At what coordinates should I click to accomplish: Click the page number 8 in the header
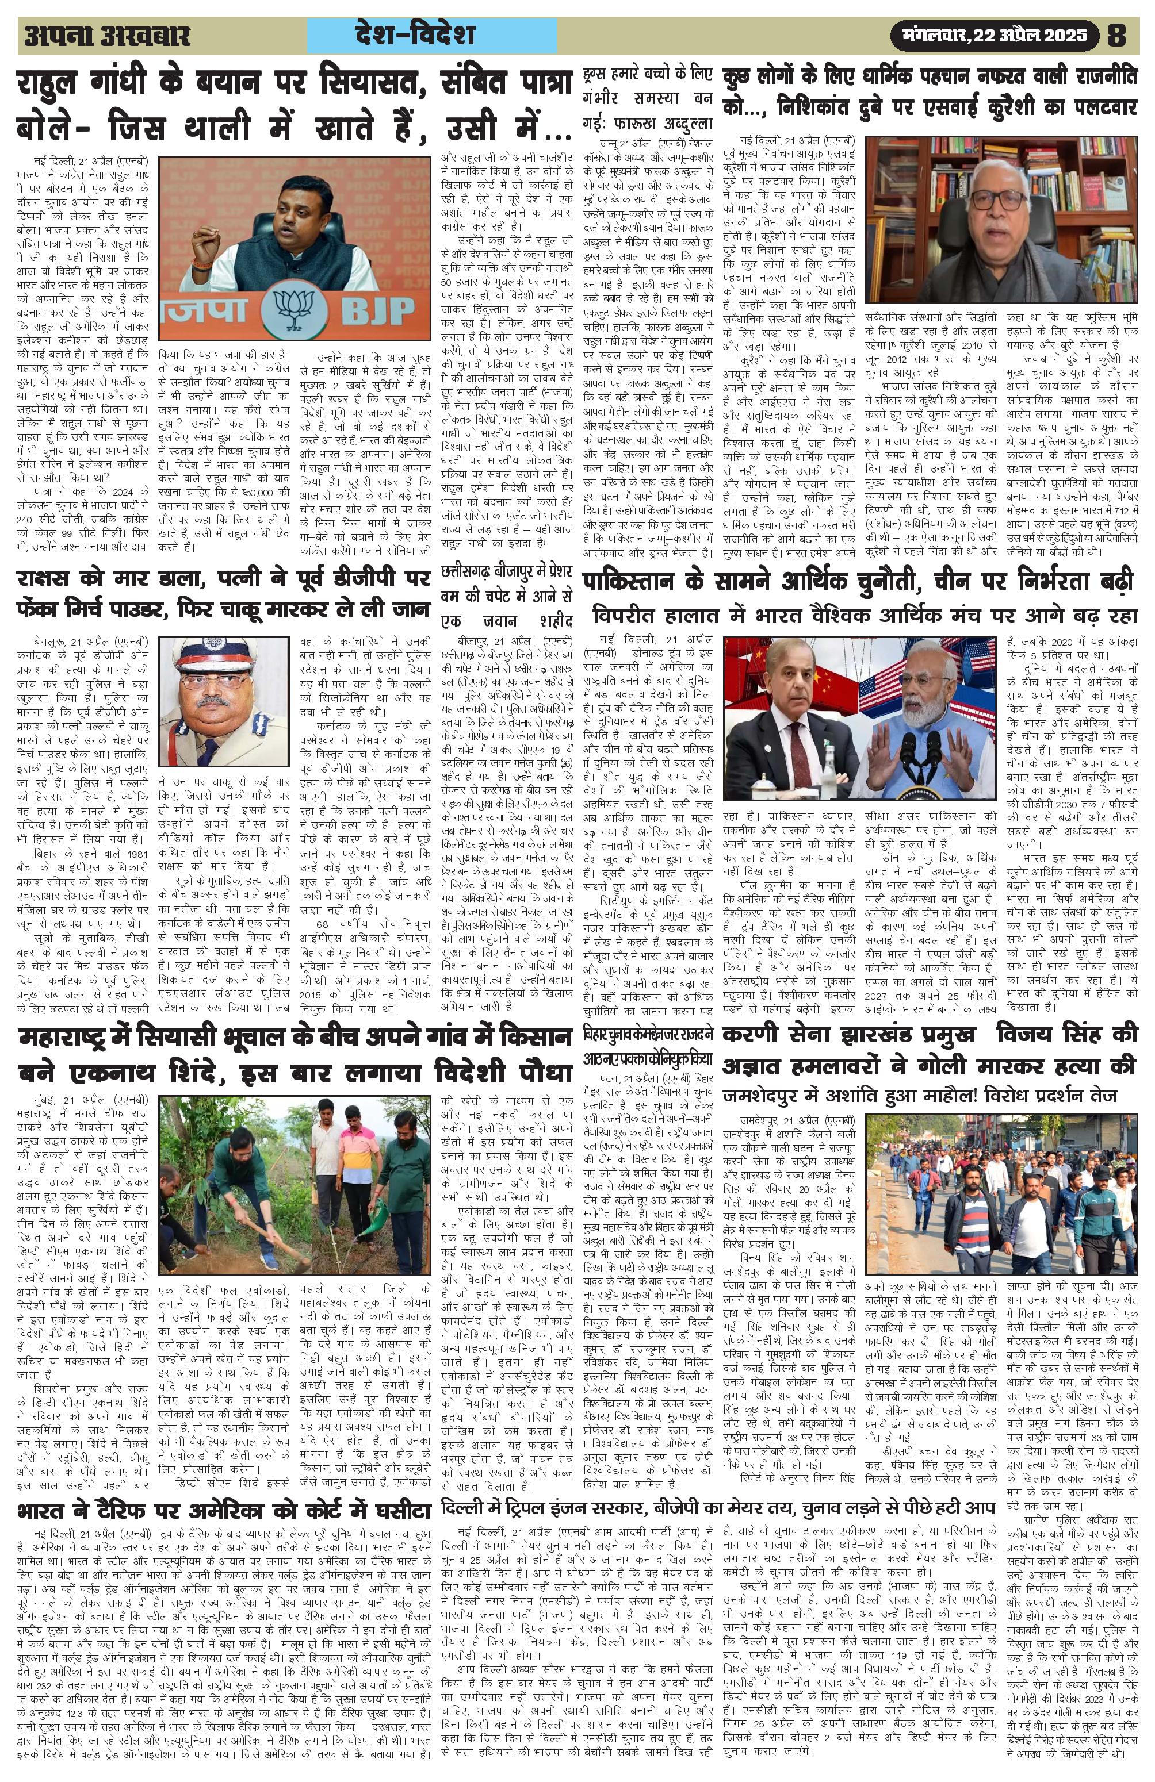1116,35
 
